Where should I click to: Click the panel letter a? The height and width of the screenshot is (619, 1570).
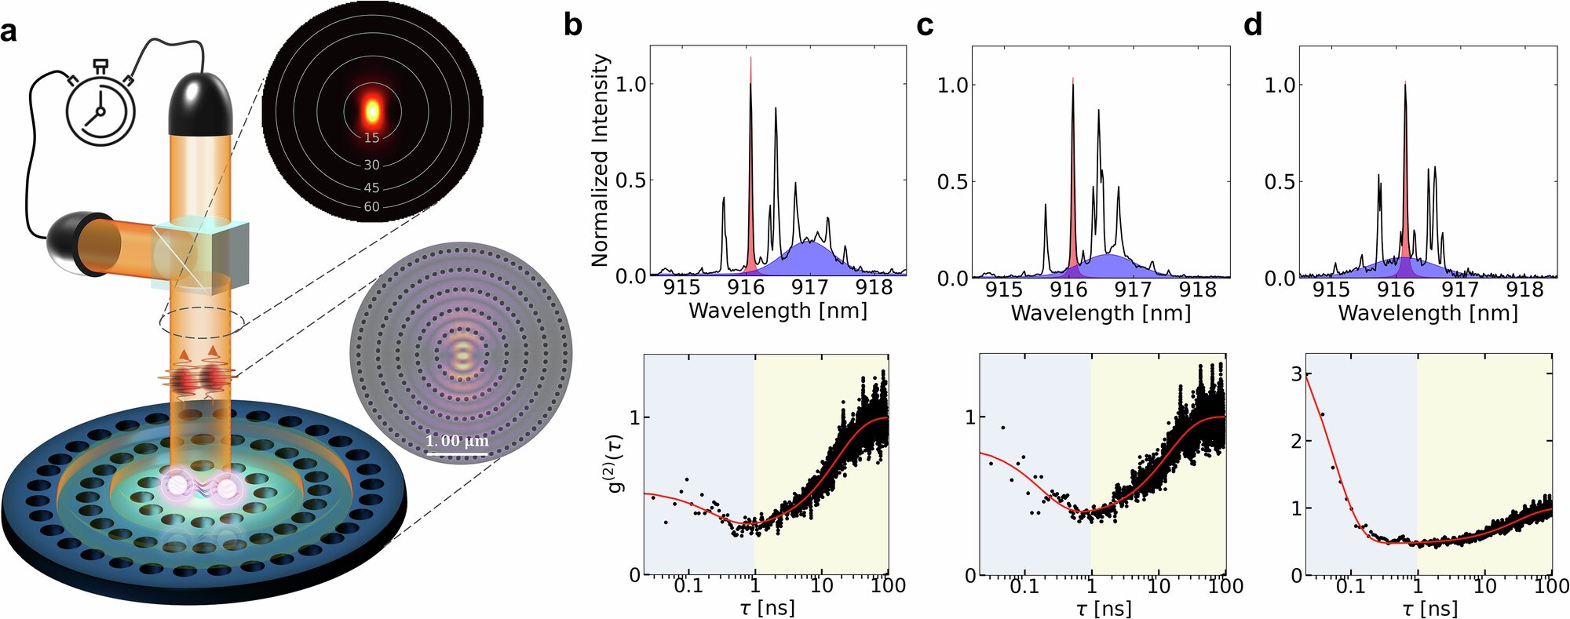[x=9, y=32]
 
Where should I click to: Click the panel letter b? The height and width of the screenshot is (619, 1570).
[x=573, y=25]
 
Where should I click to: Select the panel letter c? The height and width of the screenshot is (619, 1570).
[x=925, y=26]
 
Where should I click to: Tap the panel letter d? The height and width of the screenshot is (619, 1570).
[x=1253, y=25]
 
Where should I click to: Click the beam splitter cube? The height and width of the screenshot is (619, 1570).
[x=203, y=253]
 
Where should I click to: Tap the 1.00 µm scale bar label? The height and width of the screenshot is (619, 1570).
[x=457, y=441]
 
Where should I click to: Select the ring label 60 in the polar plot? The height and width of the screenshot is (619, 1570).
[x=371, y=207]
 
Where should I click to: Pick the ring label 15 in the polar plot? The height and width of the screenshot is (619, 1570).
[x=371, y=138]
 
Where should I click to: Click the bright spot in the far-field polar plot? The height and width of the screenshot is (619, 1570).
[x=372, y=110]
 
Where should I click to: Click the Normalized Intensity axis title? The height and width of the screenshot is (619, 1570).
[x=601, y=160]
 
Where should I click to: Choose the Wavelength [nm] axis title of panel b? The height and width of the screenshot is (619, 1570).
[x=777, y=311]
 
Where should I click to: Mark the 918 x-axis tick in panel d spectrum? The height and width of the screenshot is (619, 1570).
[x=1524, y=289]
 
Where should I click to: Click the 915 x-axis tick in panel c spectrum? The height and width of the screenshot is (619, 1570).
[x=1003, y=289]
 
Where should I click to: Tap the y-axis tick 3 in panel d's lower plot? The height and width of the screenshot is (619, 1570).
[x=1296, y=373]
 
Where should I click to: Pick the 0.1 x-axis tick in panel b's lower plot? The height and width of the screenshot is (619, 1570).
[x=688, y=585]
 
